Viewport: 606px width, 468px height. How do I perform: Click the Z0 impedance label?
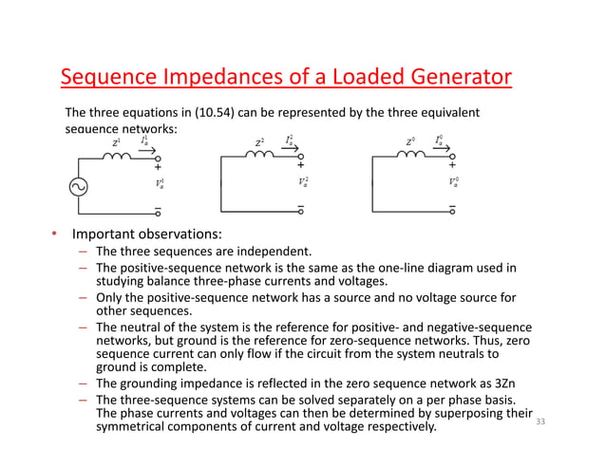(410, 142)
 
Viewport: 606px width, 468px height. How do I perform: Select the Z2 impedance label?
(259, 142)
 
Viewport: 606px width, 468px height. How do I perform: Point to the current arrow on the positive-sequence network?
(148, 149)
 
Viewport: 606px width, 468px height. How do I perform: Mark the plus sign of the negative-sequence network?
(300, 166)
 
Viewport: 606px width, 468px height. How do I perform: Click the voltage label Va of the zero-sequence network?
(454, 181)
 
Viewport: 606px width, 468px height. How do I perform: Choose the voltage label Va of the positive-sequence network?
(159, 181)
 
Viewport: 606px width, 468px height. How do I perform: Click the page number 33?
(542, 421)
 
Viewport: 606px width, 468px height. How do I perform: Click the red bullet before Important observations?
(55, 234)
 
